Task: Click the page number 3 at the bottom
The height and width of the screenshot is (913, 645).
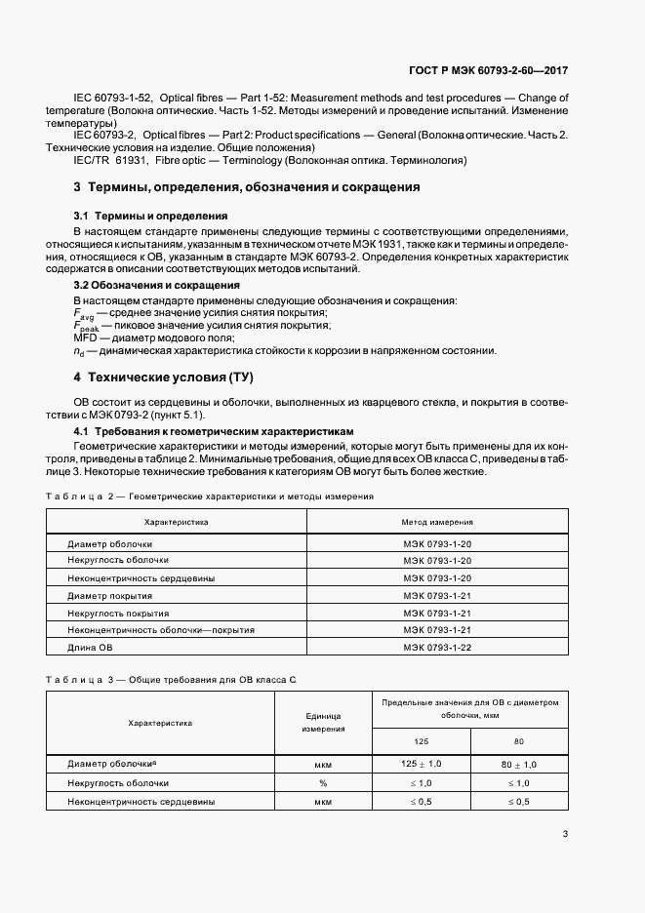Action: (566, 833)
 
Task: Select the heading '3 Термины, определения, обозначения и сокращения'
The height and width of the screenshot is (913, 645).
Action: (247, 186)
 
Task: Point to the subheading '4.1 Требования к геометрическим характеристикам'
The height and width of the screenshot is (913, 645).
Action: (214, 431)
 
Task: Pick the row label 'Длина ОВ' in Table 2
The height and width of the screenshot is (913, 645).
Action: (90, 648)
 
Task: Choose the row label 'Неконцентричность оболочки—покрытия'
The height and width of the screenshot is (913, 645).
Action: (154, 630)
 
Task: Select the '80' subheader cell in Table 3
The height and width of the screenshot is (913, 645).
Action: (519, 740)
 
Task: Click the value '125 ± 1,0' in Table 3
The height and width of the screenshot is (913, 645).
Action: (422, 764)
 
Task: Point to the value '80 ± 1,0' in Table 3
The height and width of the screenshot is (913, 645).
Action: (519, 764)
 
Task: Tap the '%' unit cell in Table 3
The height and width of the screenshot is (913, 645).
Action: (323, 783)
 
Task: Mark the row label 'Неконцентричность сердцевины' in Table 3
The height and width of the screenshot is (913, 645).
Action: (141, 801)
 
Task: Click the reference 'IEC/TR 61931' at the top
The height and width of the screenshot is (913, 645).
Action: (109, 159)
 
